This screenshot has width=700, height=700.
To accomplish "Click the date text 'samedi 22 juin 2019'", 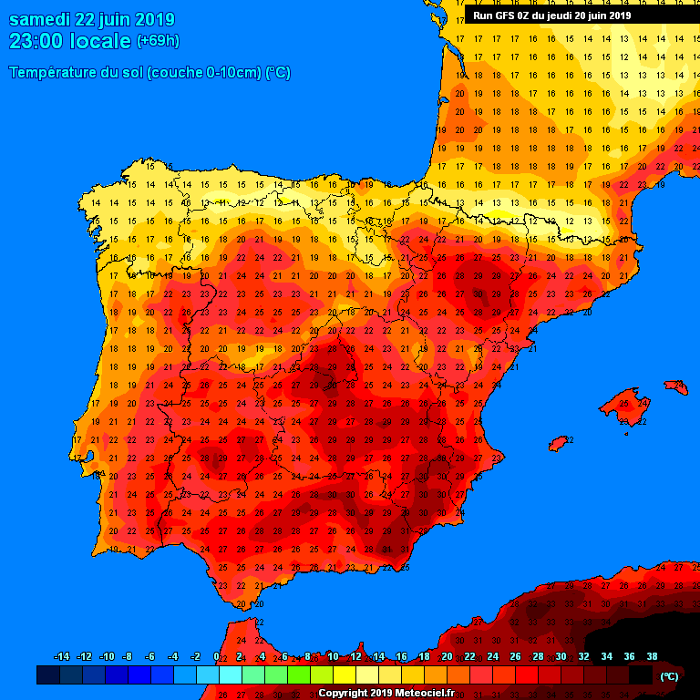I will (x=91, y=19).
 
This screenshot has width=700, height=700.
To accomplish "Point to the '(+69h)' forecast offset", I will (x=158, y=41).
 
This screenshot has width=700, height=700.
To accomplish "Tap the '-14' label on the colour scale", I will (x=62, y=657).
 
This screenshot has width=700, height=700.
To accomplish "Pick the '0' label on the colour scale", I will (x=216, y=657).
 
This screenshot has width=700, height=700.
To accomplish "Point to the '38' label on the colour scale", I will (x=652, y=657).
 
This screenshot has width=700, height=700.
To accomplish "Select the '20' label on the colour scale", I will (x=447, y=657).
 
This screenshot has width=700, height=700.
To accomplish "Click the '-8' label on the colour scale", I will (x=129, y=657).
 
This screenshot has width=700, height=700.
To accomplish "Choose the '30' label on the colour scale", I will (x=561, y=657).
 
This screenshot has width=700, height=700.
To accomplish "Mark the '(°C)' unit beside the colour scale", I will (x=669, y=676).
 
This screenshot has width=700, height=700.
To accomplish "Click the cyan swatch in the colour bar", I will (x=230, y=675).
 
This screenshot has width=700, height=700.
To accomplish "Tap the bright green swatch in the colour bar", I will (x=298, y=675).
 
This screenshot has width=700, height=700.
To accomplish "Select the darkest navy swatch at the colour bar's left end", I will (x=48, y=675).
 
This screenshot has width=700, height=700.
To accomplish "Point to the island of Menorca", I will (x=676, y=387).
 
